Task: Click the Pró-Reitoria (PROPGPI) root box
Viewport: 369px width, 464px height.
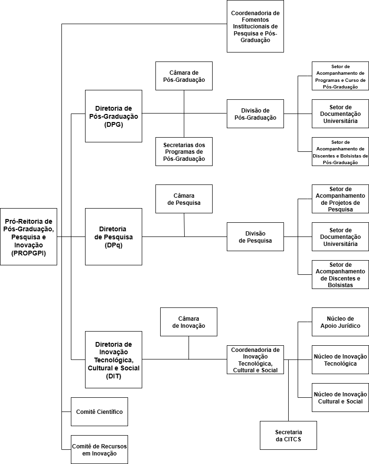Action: (x=28, y=236)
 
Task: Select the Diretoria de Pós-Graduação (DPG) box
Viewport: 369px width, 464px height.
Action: (x=113, y=116)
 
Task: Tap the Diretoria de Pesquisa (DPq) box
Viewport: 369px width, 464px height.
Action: (x=113, y=236)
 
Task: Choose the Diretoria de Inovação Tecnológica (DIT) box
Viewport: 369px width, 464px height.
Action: (x=113, y=359)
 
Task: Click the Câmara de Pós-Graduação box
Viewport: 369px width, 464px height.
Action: (x=184, y=76)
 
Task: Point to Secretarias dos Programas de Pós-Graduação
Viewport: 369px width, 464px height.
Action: (x=184, y=151)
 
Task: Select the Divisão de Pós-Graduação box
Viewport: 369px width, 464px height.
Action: (x=255, y=114)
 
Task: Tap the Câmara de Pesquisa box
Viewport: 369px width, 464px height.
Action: (x=184, y=199)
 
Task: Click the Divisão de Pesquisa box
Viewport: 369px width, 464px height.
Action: (x=255, y=236)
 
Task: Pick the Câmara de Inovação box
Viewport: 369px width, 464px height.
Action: (x=189, y=322)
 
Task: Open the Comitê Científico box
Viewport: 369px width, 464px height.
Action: (x=99, y=411)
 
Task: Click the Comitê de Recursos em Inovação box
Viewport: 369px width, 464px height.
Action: (x=99, y=449)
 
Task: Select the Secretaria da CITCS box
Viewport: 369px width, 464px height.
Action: (x=288, y=435)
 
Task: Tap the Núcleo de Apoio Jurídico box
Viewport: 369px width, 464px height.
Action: (x=340, y=322)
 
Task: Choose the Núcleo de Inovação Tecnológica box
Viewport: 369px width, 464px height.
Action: (x=340, y=359)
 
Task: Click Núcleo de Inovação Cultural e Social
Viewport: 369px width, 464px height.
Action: (x=340, y=397)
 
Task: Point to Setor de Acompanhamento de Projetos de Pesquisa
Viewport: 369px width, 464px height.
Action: (x=340, y=199)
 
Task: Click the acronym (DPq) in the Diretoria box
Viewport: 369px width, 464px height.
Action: (x=113, y=245)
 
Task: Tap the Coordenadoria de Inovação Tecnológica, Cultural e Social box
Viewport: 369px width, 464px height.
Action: (x=255, y=359)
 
